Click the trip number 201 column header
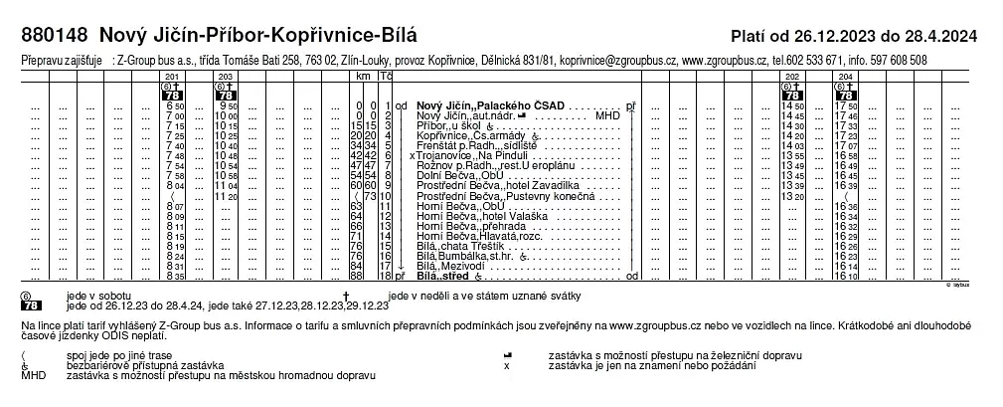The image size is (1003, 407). click(174, 77)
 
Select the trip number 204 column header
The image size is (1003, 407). click(845, 77)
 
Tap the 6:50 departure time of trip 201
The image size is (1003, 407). click(175, 105)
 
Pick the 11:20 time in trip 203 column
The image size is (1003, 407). click(226, 196)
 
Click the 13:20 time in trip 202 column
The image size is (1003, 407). click(793, 196)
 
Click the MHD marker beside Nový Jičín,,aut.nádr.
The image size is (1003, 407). click(607, 115)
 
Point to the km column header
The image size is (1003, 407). click(363, 77)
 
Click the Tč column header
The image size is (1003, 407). click(387, 77)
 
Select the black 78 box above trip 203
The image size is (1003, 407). click(226, 96)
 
